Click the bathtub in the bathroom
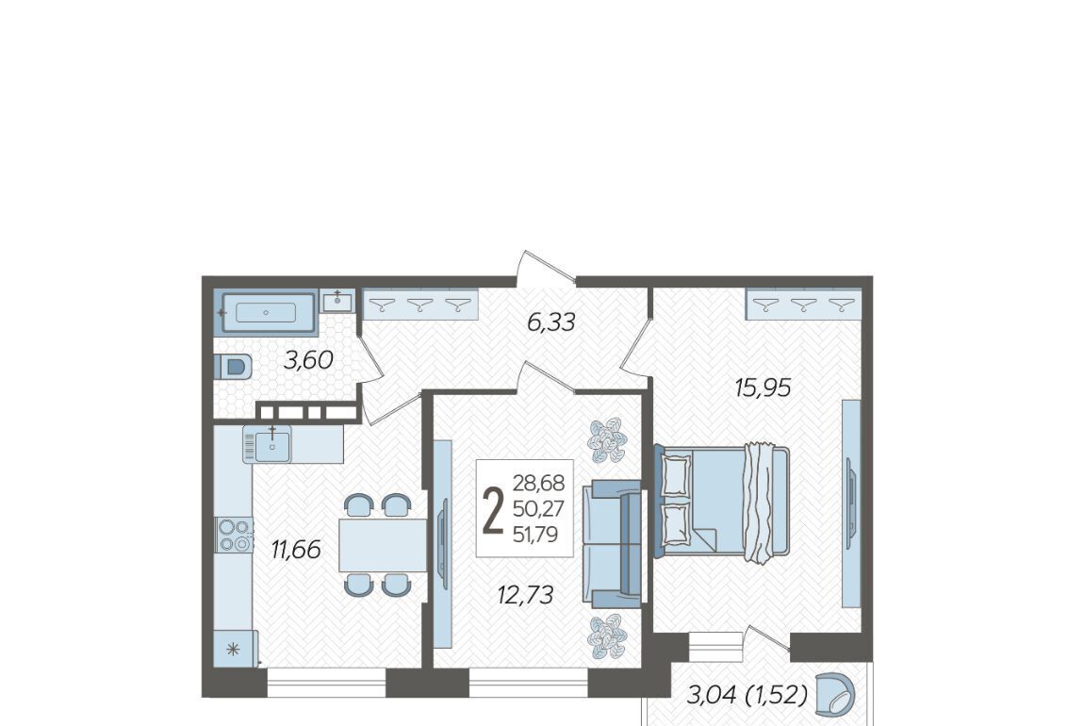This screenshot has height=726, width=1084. tap(266, 312)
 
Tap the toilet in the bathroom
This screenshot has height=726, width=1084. tap(234, 367)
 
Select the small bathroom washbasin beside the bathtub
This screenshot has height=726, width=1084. tap(337, 302)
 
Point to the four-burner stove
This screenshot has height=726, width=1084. tap(234, 536)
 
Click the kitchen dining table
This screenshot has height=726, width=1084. tap(383, 545)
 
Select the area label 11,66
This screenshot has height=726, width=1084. tap(296, 551)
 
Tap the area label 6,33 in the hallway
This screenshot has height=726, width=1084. tap(551, 322)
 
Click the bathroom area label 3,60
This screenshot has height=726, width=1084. tap(309, 360)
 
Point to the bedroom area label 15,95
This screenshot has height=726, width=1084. tap(763, 388)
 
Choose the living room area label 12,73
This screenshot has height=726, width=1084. tap(525, 595)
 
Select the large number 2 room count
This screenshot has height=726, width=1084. tap(493, 510)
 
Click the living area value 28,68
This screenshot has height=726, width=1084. tap(538, 483)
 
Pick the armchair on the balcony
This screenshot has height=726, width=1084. tap(835, 694)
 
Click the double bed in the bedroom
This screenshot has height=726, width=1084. tap(722, 501)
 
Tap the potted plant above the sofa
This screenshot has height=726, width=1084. tap(607, 439)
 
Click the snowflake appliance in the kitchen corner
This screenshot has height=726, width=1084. tap(235, 649)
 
